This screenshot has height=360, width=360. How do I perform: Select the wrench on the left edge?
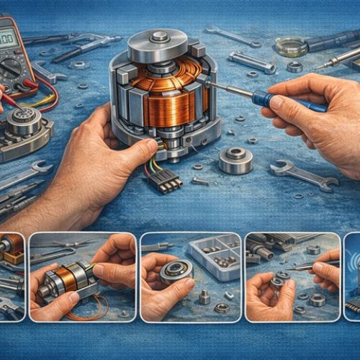tap(22, 173)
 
